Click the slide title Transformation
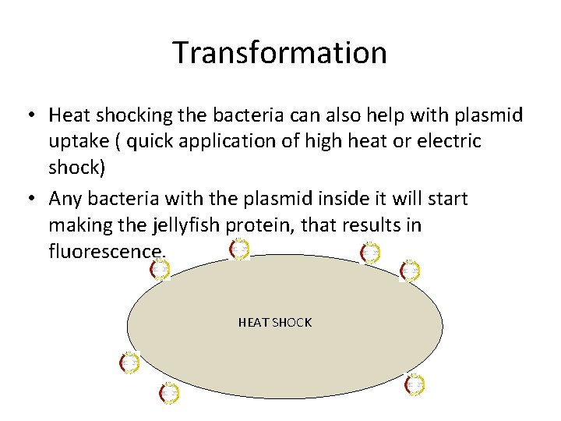pos(280,53)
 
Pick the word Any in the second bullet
pos(65,199)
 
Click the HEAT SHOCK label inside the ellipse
pos(275,322)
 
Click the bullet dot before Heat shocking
pos(28,116)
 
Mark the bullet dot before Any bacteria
pos(28,200)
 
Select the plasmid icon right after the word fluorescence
pos(160,270)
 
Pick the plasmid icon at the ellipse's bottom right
pos(415,384)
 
